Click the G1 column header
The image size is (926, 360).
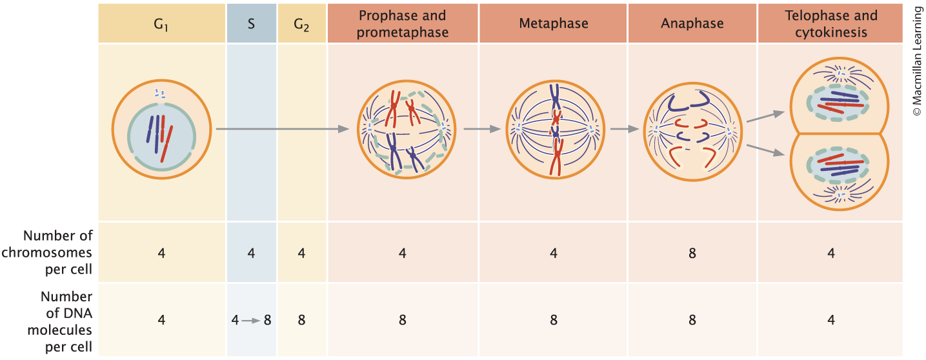pos(161,24)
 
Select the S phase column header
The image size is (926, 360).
pos(252,24)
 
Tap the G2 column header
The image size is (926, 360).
pos(301,24)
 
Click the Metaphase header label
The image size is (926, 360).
pos(554,24)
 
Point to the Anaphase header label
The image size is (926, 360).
pos(692,24)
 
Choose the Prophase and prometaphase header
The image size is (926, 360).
pos(403,24)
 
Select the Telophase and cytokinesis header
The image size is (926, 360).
pos(831,24)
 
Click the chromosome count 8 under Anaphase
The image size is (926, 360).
pos(692,253)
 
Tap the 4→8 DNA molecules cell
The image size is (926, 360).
pos(252,320)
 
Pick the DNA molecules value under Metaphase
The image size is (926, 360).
pos(554,320)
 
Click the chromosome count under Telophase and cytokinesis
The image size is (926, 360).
pos(831,253)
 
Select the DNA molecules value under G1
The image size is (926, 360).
pos(161,320)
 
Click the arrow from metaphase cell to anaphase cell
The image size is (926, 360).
pos(620,129)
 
